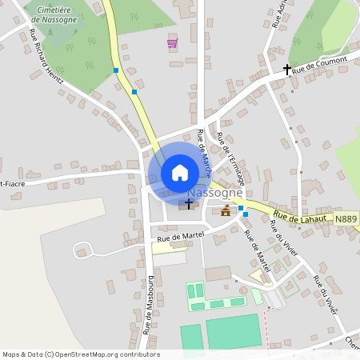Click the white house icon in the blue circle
pos(180,172)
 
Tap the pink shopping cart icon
pos(172,43)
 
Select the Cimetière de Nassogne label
pos(55,14)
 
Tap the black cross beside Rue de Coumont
pos(286,70)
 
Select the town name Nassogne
pos(214,194)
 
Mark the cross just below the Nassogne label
pos(189,205)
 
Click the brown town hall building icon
pos(226,211)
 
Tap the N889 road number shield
pos(346,218)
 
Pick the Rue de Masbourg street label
pos(148,304)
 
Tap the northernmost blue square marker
pos(116,71)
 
